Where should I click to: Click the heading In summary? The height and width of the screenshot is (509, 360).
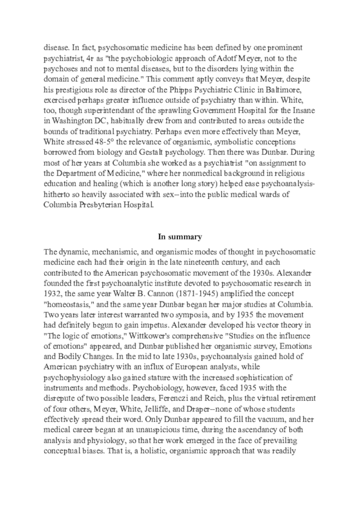click(x=180, y=237)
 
